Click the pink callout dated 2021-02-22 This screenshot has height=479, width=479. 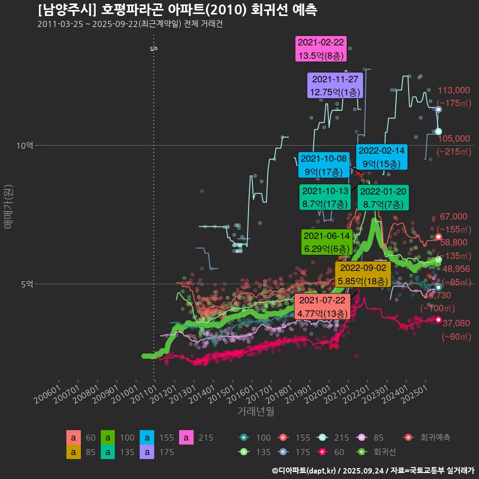(321, 49)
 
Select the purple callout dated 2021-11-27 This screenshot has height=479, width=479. (335, 85)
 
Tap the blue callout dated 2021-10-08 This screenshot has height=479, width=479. (323, 165)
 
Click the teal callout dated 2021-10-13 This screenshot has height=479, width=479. (325, 197)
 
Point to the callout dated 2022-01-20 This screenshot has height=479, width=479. (383, 197)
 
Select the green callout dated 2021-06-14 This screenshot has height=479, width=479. (327, 242)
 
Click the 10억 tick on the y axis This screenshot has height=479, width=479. (25, 146)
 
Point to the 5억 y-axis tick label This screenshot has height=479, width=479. (27, 284)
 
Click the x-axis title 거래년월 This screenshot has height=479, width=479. (255, 412)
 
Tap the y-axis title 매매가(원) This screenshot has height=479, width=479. (8, 207)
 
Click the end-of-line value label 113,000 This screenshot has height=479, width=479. (454, 90)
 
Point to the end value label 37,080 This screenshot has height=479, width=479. (456, 323)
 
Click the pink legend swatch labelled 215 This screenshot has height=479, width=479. (187, 438)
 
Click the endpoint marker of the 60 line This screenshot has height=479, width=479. (439, 319)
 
